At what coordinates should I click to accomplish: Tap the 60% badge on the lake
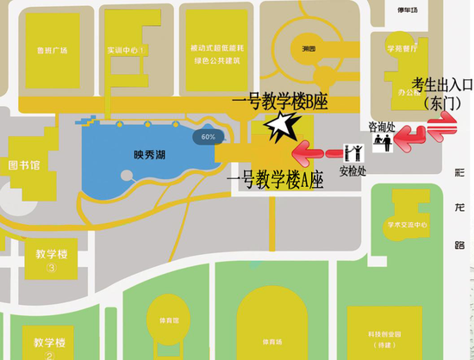(208, 137)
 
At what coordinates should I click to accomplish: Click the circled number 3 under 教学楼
(51, 268)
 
